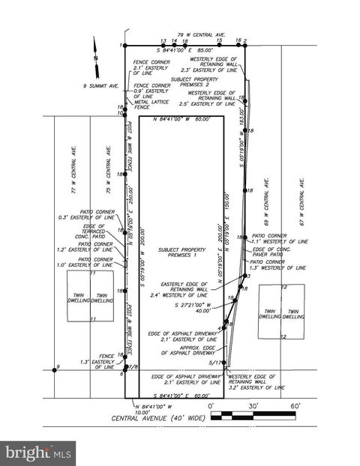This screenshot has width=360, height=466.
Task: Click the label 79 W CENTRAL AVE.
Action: [x=202, y=34]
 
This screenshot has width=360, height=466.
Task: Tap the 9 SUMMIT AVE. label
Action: [x=102, y=86]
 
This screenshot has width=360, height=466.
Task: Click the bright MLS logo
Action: [x=38, y=452]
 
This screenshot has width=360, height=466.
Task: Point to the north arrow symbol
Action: [x=96, y=55]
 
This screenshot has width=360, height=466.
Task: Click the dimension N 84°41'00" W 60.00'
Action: [x=181, y=119]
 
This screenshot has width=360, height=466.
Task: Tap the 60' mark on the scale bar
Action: [x=295, y=405]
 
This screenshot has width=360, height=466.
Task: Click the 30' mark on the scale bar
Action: [x=253, y=405]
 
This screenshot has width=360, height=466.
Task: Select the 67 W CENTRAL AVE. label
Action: [x=301, y=198]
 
